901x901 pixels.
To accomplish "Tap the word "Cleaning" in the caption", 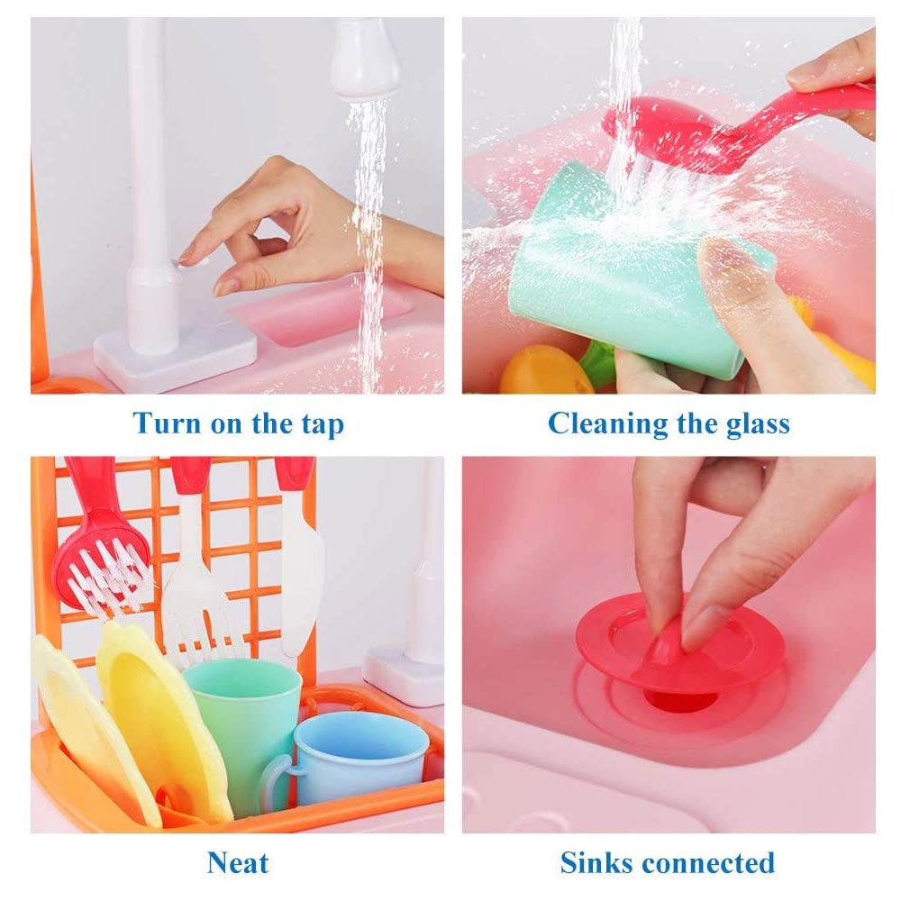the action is coord(606,425).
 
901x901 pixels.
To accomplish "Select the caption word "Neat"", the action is coord(238,864).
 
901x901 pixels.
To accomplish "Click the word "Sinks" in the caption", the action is coord(596,863).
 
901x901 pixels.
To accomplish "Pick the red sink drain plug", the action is coord(680,643).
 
